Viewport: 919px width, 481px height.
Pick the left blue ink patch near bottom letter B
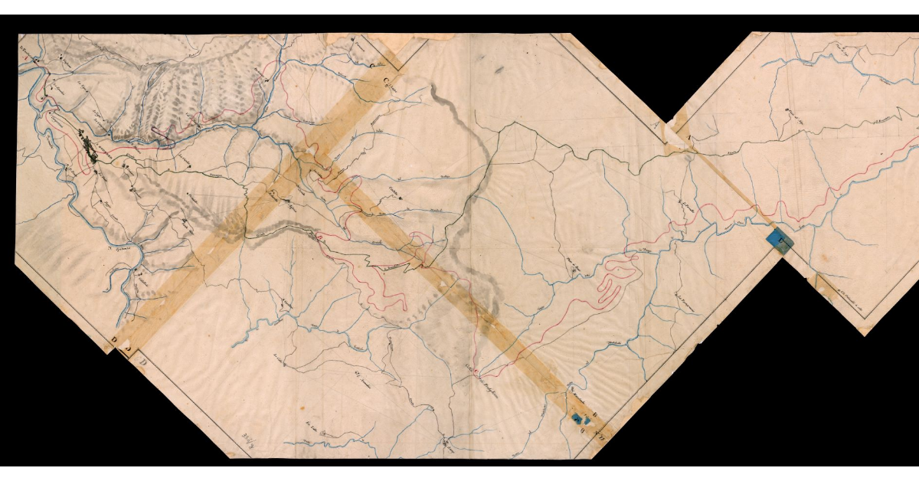coord(576,417)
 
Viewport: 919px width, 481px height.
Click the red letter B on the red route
coord(319,239)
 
